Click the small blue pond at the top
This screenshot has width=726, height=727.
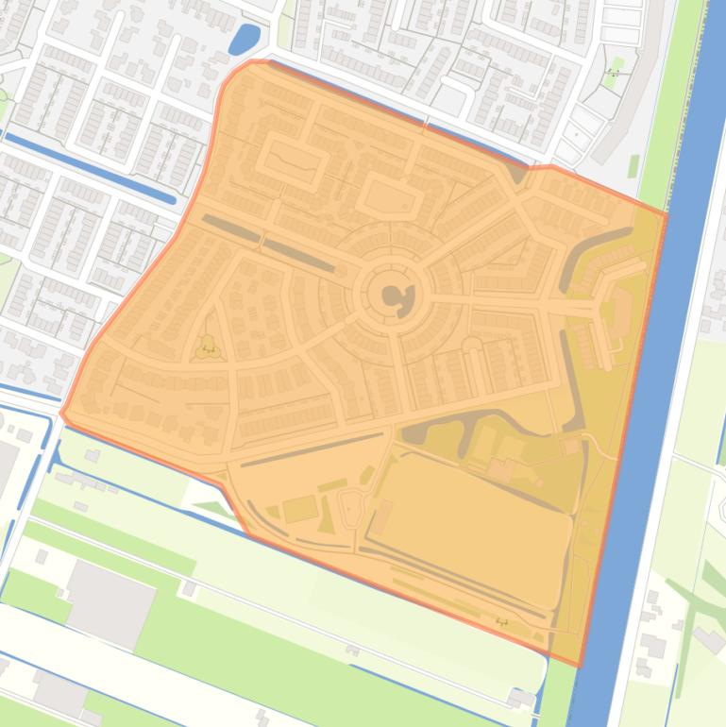point(244,40)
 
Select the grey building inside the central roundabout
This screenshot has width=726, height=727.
point(395,296)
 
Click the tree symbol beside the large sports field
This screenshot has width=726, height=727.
point(500,621)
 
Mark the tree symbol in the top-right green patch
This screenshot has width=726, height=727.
point(613,73)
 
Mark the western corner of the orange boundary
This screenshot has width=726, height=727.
point(62,412)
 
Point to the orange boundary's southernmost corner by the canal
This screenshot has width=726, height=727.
point(577,666)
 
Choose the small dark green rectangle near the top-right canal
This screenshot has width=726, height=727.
point(633,166)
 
